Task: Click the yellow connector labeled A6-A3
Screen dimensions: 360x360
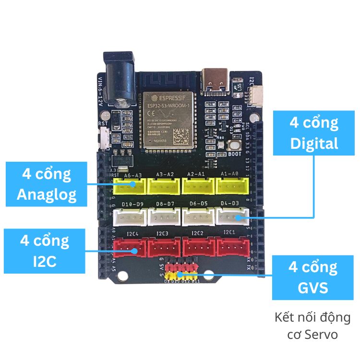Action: (x=130, y=186)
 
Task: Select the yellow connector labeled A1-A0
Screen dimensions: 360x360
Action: (x=232, y=185)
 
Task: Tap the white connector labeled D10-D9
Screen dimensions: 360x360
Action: (x=130, y=218)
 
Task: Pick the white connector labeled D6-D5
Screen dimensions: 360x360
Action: (x=197, y=217)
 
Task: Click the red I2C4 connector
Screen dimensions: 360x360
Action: (x=129, y=248)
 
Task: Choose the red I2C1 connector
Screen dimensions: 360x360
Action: (x=233, y=247)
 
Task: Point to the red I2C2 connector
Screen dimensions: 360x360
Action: (x=199, y=247)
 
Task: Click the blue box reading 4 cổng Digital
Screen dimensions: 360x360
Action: (x=313, y=133)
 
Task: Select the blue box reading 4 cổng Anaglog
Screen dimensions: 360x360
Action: (x=46, y=184)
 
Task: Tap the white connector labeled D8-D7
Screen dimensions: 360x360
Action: (x=164, y=217)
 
